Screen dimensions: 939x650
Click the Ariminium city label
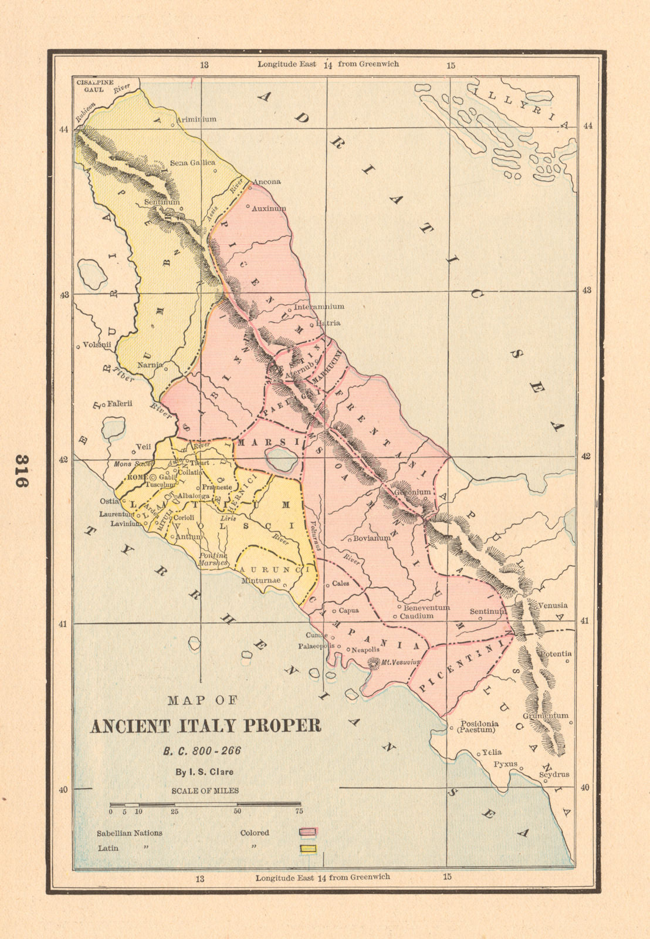tap(197, 119)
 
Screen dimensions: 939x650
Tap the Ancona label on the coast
tap(266, 182)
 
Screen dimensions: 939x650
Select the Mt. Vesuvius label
tap(401, 662)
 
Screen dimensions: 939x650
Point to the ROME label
tap(137, 478)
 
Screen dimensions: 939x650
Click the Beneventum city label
tap(426, 607)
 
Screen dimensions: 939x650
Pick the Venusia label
tap(553, 605)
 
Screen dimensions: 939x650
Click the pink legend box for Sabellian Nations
tap(308, 832)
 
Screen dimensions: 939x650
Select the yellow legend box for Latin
tap(308, 848)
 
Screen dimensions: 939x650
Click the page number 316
tap(22, 471)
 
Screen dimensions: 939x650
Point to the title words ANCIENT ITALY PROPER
tap(205, 726)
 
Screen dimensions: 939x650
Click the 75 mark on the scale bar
tap(299, 811)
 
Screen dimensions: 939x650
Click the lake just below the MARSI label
tap(281, 459)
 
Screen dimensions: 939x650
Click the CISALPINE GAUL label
tap(94, 86)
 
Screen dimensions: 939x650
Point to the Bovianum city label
tap(371, 538)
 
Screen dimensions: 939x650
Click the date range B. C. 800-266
tap(202, 751)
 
